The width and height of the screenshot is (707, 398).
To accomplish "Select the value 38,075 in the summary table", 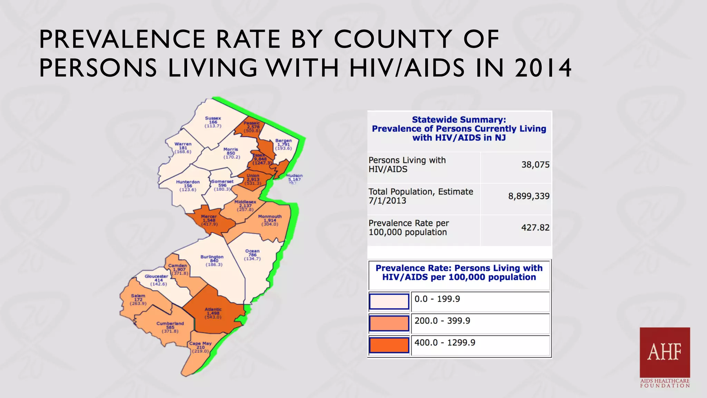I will (x=535, y=165).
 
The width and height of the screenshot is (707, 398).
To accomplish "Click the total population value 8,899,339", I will (x=529, y=196).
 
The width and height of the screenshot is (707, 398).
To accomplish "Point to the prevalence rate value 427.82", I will (x=535, y=228).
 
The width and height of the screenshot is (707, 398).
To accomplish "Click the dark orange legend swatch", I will (x=389, y=345).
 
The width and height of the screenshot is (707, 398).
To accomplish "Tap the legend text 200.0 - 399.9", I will (x=442, y=321).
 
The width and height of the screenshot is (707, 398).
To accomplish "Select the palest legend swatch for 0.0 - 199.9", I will (x=389, y=301).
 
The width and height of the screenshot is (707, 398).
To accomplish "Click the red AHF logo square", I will (x=665, y=352).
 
